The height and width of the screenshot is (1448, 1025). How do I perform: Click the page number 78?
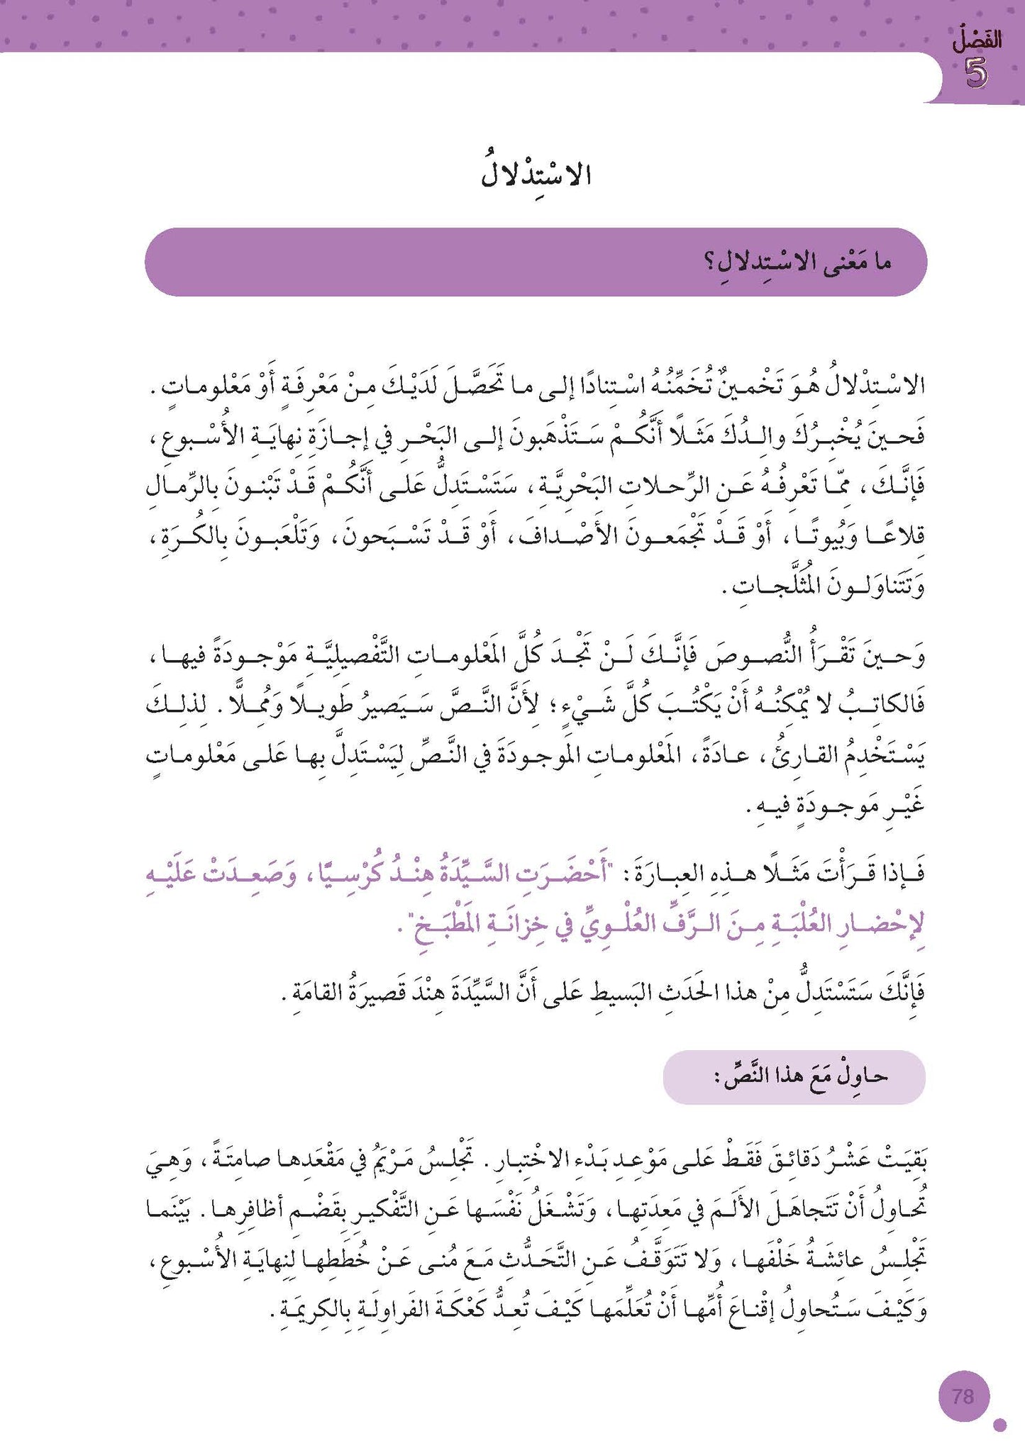coord(963,1396)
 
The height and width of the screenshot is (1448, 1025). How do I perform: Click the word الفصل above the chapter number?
coord(977,41)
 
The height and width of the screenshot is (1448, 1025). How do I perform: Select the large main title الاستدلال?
coord(536,174)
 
